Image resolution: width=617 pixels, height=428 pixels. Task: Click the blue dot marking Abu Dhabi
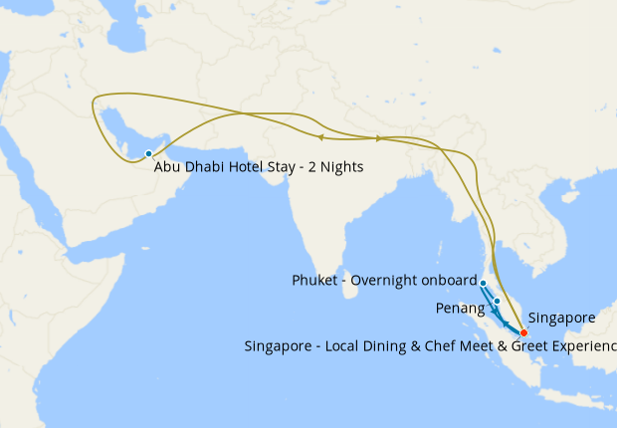coord(148,153)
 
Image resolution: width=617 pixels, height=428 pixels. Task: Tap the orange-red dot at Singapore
coord(523,331)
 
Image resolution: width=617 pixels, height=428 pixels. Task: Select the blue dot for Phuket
coord(483,283)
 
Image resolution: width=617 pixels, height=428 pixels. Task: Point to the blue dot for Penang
coord(497,300)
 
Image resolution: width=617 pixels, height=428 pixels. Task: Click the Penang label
coord(460,309)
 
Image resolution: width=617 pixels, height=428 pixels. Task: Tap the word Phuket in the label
coord(315,281)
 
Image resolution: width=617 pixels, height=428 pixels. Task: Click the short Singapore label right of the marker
coord(561,319)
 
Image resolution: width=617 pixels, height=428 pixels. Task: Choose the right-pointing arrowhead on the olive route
coord(379,138)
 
